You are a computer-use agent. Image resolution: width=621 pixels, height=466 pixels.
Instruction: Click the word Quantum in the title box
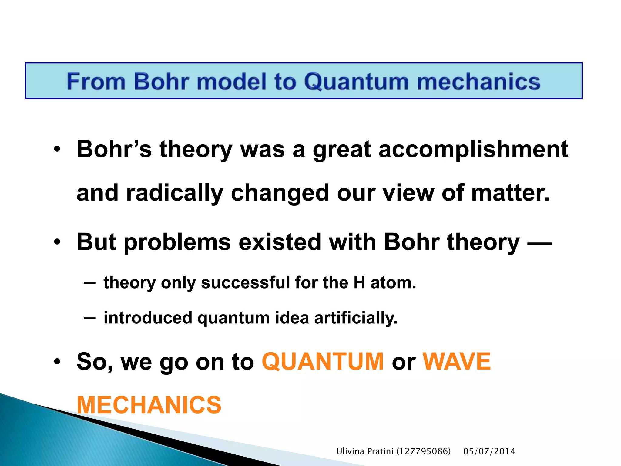[x=356, y=82]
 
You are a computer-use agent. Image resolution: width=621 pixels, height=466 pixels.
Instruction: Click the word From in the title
[x=96, y=82]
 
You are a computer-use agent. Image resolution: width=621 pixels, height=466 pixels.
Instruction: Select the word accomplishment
[x=473, y=150]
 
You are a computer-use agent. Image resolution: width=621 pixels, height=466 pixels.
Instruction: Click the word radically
[x=175, y=193]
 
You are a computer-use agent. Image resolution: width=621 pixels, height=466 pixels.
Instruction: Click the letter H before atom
[x=359, y=283]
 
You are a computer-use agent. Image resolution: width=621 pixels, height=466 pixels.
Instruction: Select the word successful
[x=245, y=283]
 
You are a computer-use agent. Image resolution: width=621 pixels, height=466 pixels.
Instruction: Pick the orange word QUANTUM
[x=323, y=362]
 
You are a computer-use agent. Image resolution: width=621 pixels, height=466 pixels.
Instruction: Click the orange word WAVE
[x=457, y=362]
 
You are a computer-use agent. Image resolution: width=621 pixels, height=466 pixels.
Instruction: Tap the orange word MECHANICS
[x=149, y=405]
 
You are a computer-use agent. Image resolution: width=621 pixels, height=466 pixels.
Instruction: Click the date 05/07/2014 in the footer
[x=489, y=451]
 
